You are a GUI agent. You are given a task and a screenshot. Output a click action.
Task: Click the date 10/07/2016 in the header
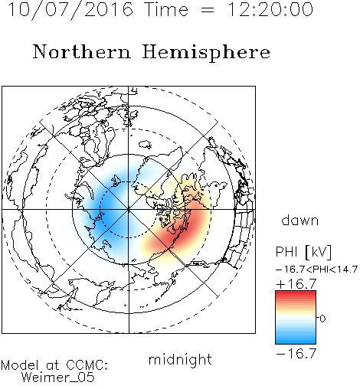[70, 10]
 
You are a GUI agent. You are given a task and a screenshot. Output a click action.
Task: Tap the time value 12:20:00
[270, 9]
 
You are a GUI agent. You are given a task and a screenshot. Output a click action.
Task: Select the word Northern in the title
[82, 51]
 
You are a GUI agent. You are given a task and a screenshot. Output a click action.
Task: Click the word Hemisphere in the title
[206, 53]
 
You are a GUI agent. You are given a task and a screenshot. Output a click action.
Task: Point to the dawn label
[300, 220]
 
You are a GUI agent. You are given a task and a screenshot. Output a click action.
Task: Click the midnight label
[180, 360]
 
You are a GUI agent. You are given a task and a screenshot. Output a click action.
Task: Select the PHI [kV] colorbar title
[304, 252]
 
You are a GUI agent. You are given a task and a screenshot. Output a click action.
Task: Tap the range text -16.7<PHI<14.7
[316, 270]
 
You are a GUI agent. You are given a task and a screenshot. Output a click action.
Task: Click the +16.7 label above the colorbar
[296, 284]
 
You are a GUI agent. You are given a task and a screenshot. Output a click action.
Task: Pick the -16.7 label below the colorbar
[296, 354]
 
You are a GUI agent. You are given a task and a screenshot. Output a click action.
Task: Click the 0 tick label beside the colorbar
[322, 319]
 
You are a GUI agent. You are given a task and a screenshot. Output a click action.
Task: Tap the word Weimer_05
[58, 377]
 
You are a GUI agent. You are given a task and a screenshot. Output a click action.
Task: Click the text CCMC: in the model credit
[87, 365]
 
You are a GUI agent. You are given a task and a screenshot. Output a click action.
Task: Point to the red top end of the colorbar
[296, 293]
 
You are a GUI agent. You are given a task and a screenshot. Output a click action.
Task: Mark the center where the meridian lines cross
[129, 210]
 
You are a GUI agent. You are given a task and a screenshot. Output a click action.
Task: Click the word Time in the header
[166, 9]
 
